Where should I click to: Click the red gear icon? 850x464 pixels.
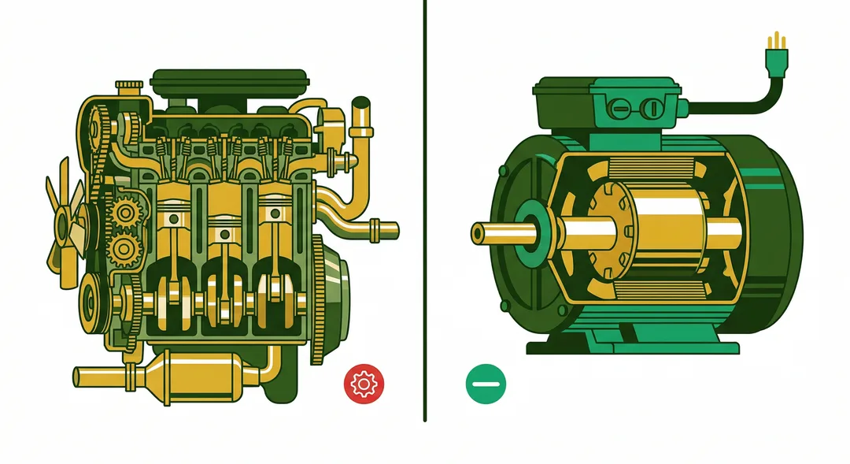point(363,383)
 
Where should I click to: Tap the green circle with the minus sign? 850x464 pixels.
point(486,384)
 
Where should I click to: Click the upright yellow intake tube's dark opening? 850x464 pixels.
point(361,103)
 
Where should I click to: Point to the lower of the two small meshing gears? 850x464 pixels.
point(124,251)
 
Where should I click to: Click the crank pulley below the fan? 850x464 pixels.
point(94,299)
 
